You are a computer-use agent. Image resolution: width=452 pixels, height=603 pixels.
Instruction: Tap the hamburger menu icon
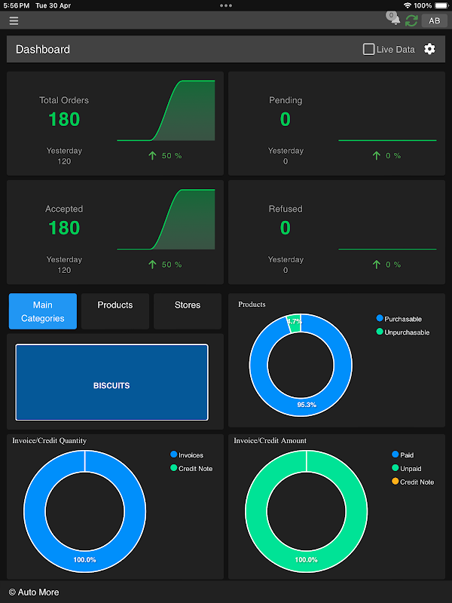pyautogui.click(x=14, y=21)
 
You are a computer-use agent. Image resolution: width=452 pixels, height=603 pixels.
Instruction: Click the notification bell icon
pyautogui.click(x=395, y=20)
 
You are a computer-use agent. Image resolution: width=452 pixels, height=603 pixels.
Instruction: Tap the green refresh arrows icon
pyautogui.click(x=411, y=21)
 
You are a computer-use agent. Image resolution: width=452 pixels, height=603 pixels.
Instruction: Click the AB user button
pyautogui.click(x=435, y=21)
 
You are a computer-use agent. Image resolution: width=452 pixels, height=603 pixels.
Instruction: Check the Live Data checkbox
pyautogui.click(x=368, y=49)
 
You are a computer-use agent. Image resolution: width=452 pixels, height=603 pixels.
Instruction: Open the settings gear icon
pyautogui.click(x=429, y=49)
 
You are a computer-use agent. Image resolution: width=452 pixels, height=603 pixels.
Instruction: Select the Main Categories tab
pyautogui.click(x=43, y=311)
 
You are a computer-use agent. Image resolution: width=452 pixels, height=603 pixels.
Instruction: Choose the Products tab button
pyautogui.click(x=115, y=305)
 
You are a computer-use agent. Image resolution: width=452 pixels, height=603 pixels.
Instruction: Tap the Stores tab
pyautogui.click(x=188, y=305)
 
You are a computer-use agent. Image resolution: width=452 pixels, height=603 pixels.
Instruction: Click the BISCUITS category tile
pyautogui.click(x=111, y=385)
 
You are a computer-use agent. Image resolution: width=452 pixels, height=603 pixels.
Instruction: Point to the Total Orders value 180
pyautogui.click(x=64, y=119)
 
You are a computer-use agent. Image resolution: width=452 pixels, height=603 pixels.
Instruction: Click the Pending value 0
pyautogui.click(x=286, y=119)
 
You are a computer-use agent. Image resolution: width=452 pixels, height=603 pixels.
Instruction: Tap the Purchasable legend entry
pyautogui.click(x=402, y=319)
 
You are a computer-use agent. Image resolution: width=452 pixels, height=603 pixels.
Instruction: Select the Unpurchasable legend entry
pyautogui.click(x=406, y=332)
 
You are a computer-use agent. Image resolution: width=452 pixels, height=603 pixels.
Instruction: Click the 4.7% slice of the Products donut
pyautogui.click(x=294, y=322)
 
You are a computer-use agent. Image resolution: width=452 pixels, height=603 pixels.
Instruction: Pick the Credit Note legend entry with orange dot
pyautogui.click(x=416, y=482)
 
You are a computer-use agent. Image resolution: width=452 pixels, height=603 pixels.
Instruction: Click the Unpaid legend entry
pyautogui.click(x=411, y=469)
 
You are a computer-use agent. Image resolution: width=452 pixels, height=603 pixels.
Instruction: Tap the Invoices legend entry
pyautogui.click(x=190, y=455)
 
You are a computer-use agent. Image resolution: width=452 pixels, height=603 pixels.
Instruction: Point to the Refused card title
pyautogui.click(x=286, y=209)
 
